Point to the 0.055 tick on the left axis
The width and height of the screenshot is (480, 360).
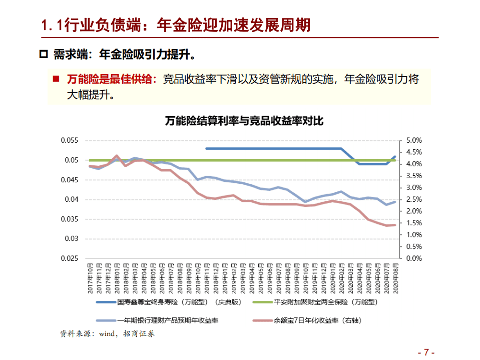70,141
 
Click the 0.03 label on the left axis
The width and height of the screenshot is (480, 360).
72,239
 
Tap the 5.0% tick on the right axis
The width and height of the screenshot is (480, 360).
413,141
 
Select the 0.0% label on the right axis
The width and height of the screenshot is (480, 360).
413,259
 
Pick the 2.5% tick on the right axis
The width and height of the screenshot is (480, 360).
413,200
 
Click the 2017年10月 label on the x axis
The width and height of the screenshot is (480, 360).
90,278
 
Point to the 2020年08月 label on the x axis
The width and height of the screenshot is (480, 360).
395,278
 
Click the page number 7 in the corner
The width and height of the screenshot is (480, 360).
426,351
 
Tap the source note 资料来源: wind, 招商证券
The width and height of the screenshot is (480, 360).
107,333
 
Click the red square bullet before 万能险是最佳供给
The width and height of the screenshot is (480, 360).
57,79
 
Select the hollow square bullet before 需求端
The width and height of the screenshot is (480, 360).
43,54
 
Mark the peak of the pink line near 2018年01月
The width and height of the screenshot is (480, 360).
117,156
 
